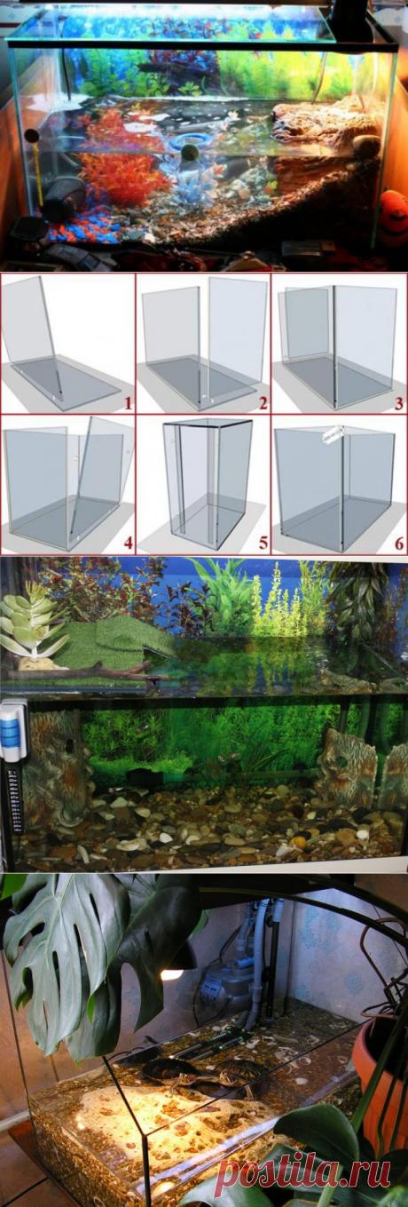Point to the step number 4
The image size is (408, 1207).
point(128,543)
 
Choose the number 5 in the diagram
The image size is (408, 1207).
point(263,543)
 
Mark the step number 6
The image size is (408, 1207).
point(399,543)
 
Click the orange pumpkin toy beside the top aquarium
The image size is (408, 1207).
point(394,217)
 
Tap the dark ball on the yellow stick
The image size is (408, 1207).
point(31,136)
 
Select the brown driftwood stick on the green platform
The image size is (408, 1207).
point(81,671)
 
